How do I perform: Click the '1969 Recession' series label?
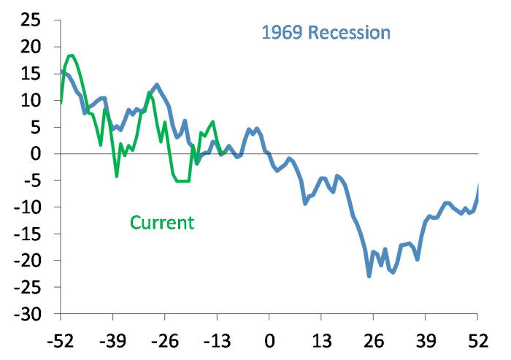click(x=326, y=33)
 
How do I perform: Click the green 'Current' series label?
click(x=162, y=222)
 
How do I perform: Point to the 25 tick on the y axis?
click(x=29, y=20)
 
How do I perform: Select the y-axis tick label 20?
click(x=29, y=47)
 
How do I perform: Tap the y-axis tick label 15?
click(x=29, y=74)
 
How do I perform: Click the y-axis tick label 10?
click(x=29, y=101)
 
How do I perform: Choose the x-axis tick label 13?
click(x=321, y=340)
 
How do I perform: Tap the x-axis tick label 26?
click(x=373, y=340)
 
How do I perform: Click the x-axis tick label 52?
click(x=477, y=340)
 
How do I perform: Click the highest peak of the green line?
click(x=71, y=55)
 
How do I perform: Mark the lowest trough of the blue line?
click(x=369, y=276)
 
